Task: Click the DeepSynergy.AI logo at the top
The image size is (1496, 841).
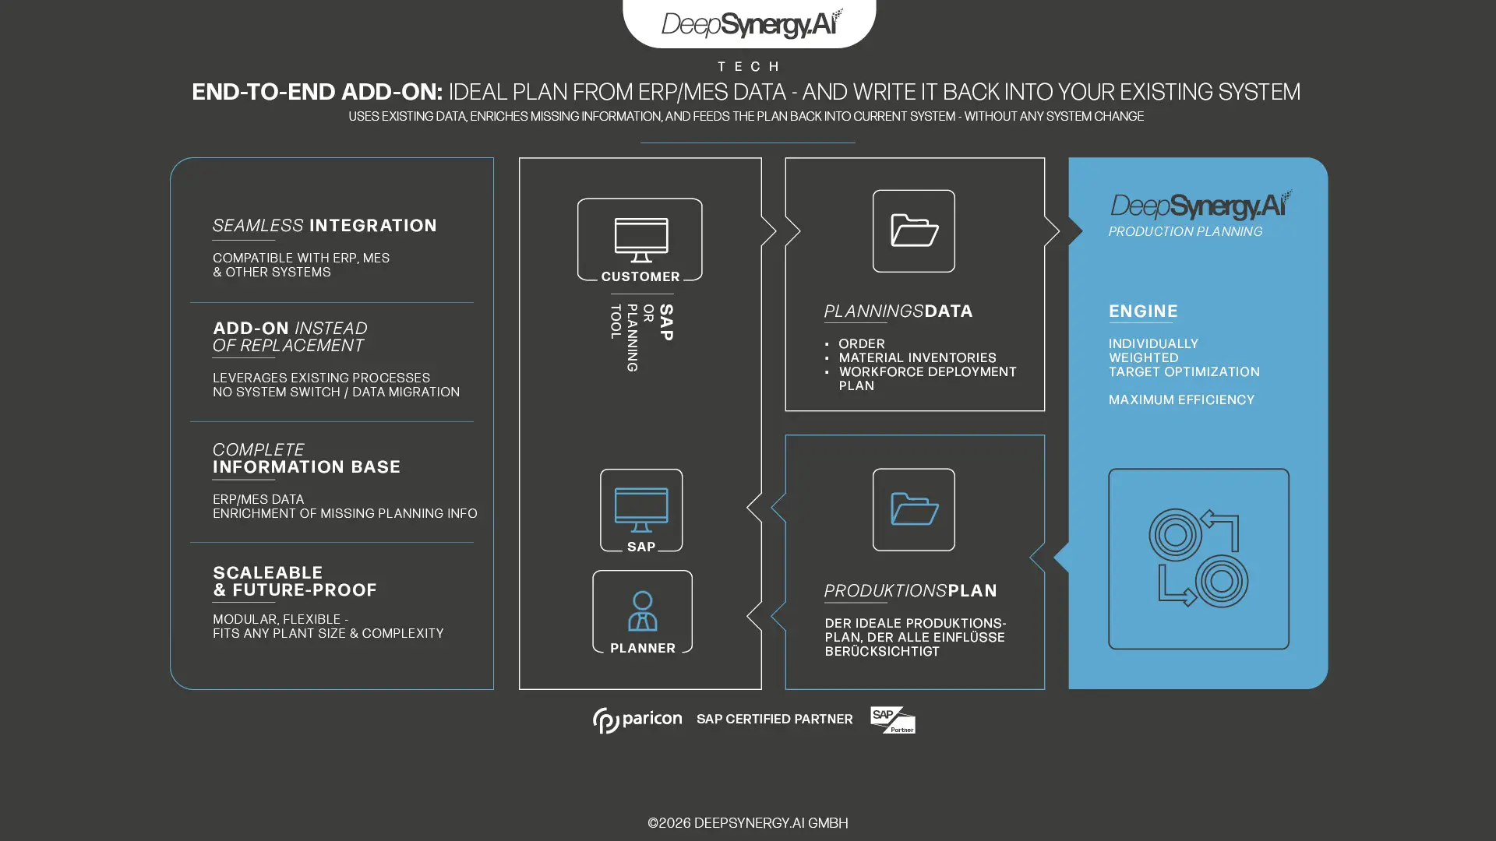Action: tap(750, 23)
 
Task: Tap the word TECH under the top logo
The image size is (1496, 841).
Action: tap(748, 67)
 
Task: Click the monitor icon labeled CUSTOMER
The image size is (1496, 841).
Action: tap(640, 240)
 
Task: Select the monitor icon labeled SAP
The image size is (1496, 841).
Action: tap(641, 509)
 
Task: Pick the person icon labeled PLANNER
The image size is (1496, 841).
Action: tap(642, 611)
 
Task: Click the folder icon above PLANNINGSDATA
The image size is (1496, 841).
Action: tap(914, 231)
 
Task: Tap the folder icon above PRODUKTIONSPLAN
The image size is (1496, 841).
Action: tap(914, 509)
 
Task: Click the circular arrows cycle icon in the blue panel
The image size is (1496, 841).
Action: tap(1198, 558)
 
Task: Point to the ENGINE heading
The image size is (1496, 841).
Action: tap(1143, 311)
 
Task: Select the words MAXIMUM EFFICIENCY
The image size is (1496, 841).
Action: tap(1181, 400)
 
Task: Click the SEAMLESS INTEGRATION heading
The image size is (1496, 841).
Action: tap(324, 226)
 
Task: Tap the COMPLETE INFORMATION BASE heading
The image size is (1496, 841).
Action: tap(306, 459)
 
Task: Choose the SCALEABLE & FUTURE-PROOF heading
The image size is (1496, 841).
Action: tap(295, 582)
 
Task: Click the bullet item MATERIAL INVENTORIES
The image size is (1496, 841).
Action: tap(917, 358)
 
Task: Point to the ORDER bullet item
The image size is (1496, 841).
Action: tap(861, 344)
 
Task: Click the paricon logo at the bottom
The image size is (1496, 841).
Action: tap(637, 720)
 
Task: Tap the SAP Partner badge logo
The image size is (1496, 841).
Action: tap(893, 720)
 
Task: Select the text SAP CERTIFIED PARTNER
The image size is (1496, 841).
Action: tap(774, 720)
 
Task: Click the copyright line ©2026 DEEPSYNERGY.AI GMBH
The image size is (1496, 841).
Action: tap(748, 823)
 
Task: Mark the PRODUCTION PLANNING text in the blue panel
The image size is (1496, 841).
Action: tap(1185, 232)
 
